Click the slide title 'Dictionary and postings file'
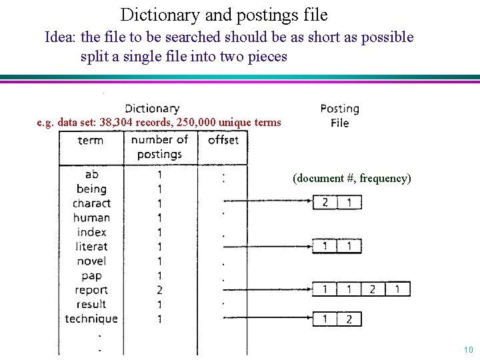pos(224,14)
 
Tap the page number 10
pos(468,350)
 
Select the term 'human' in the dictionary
pos(91,217)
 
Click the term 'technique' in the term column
pos(91,319)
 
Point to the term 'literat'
pos(91,247)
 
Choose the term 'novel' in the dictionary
pos(91,261)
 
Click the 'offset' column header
pos(223,140)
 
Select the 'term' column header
pos(91,141)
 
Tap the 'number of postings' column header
pos(159,147)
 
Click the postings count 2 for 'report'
pos(159,290)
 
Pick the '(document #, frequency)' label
pos(351,179)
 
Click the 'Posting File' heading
pos(339,115)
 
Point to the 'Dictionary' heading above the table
pos(152,109)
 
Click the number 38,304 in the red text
pos(117,123)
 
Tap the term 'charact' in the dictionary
pos(91,203)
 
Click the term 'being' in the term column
pos(91,189)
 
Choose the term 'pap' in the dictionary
pos(91,275)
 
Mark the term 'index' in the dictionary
pos(91,232)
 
